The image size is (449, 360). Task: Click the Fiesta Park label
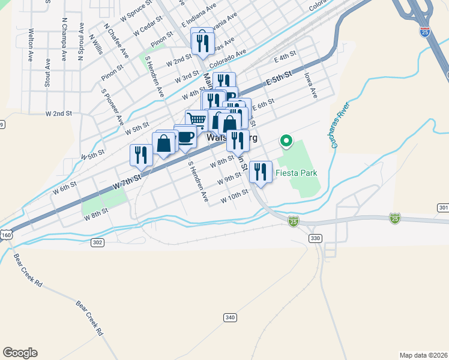click(x=296, y=173)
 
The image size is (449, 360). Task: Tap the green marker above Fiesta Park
click(x=286, y=142)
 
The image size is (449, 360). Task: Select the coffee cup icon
click(x=185, y=136)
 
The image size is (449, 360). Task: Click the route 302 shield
click(x=98, y=242)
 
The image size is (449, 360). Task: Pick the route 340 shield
click(x=229, y=317)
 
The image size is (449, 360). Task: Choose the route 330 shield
click(x=315, y=238)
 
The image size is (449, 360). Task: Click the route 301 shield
click(x=443, y=208)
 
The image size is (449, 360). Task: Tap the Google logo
click(x=20, y=353)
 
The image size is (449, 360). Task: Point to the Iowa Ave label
click(x=310, y=85)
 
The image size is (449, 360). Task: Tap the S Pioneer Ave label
click(x=112, y=107)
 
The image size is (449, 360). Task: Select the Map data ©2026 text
click(x=423, y=355)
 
